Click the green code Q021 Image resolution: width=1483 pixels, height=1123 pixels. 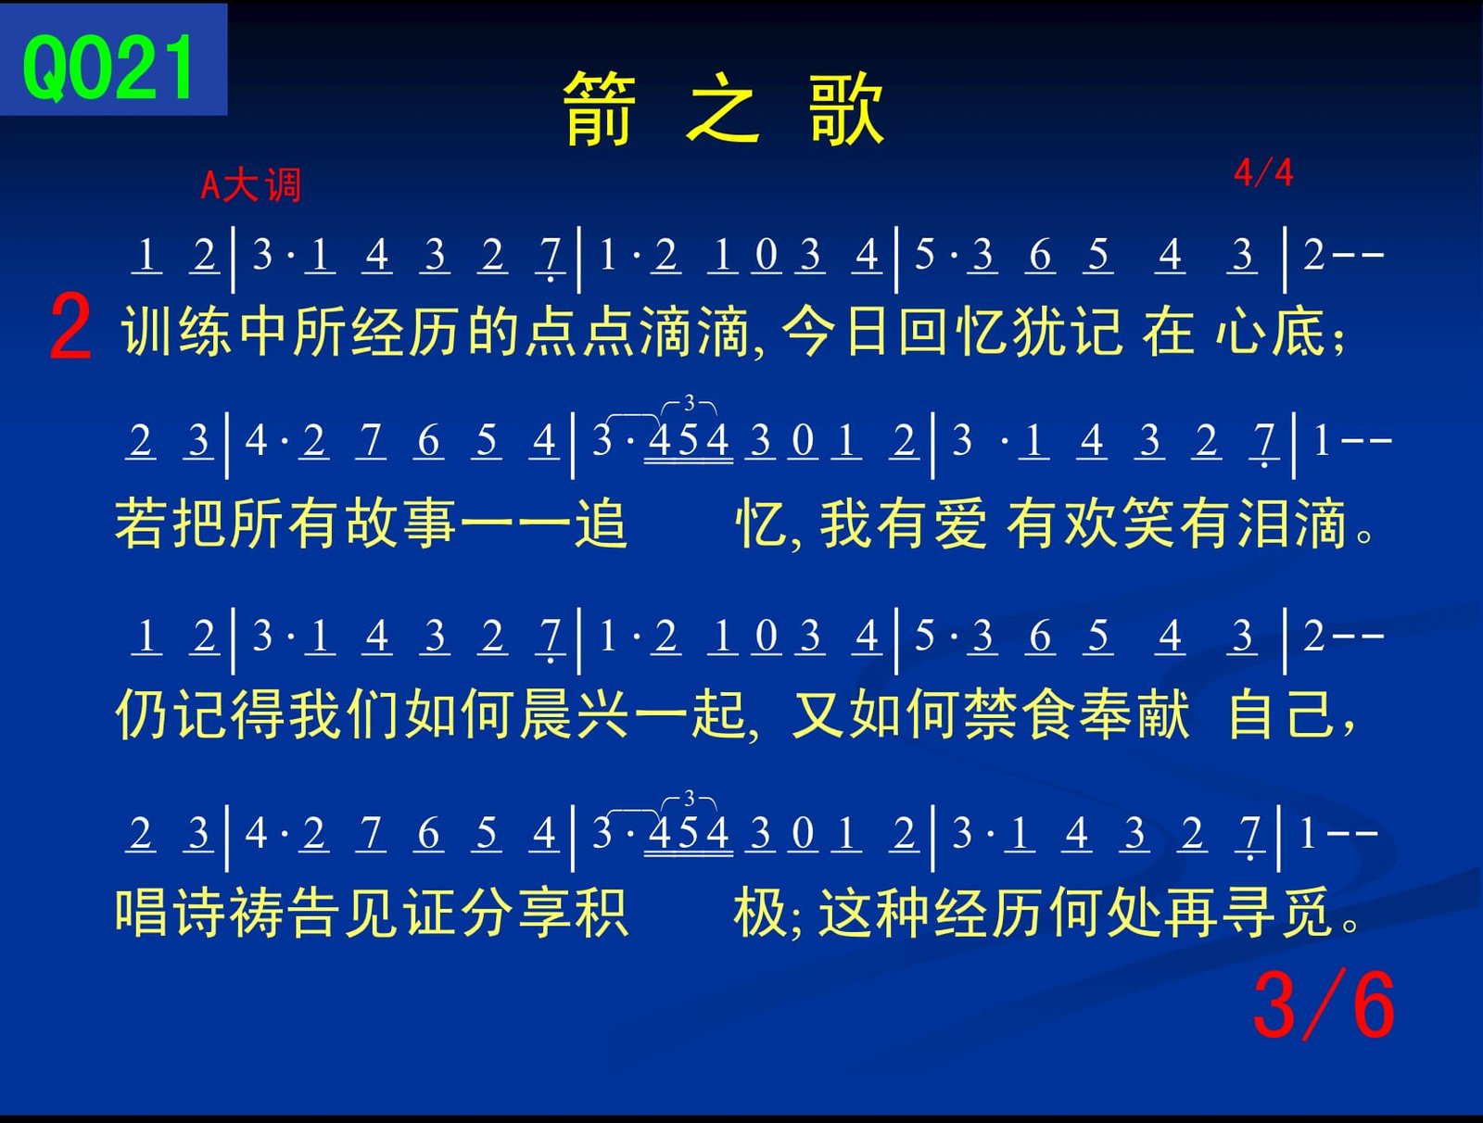pyautogui.click(x=108, y=69)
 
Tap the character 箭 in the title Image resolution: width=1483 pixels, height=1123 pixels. pyautogui.click(x=600, y=108)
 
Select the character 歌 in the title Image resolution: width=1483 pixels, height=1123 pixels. pyautogui.click(x=846, y=108)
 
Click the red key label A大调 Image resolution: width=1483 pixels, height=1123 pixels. pyautogui.click(x=250, y=184)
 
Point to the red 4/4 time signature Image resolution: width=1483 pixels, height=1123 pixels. pyautogui.click(x=1263, y=173)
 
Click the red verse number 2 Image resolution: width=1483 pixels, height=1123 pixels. pyautogui.click(x=70, y=328)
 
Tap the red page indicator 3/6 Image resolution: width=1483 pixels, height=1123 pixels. pyautogui.click(x=1324, y=1004)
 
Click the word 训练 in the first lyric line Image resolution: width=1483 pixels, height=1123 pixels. pyautogui.click(x=176, y=331)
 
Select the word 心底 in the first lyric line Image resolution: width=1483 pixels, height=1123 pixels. pyautogui.click(x=1270, y=331)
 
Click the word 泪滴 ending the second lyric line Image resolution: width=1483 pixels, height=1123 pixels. pyautogui.click(x=1293, y=524)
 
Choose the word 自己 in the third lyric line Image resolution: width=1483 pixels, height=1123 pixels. pyautogui.click(x=1283, y=714)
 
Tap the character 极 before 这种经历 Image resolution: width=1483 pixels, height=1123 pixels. pyautogui.click(x=759, y=912)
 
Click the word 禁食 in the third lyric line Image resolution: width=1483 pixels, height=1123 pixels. pyautogui.click(x=991, y=714)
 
